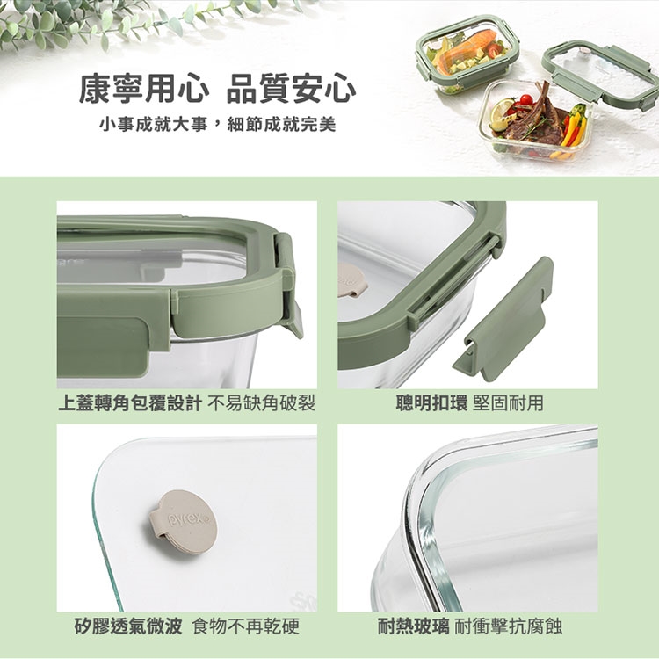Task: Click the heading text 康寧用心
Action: point(143,89)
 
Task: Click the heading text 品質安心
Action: point(291,89)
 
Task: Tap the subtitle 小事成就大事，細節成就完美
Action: point(218,125)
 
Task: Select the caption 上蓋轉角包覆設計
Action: point(130,403)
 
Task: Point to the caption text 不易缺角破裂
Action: point(262,403)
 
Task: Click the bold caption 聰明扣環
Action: point(431,403)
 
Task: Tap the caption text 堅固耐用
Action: point(508,403)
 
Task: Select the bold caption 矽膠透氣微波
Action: point(128,626)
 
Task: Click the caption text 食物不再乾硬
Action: point(245,626)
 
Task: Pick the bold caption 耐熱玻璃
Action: point(413,626)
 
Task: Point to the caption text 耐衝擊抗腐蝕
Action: point(509,626)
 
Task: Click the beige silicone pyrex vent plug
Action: point(184,522)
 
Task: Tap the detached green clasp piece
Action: point(503,319)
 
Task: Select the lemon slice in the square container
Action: point(502,114)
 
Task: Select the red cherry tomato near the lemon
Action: point(525,100)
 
